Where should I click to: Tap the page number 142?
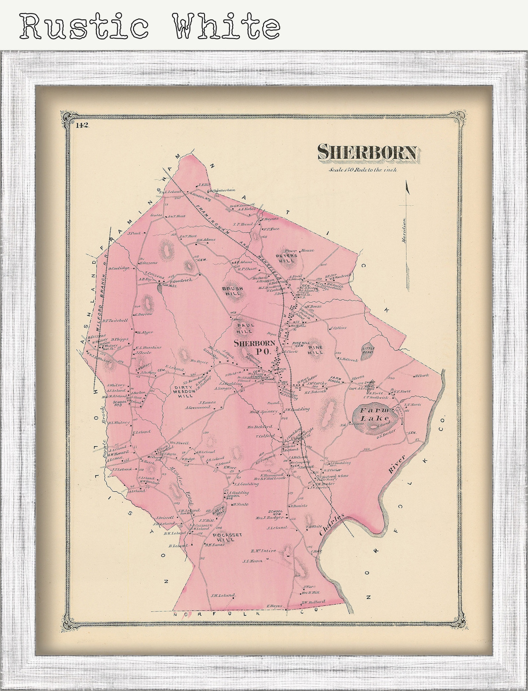(x=81, y=125)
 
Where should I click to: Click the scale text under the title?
(x=363, y=170)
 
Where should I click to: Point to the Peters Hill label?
(x=286, y=258)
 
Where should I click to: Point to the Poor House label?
(x=299, y=251)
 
